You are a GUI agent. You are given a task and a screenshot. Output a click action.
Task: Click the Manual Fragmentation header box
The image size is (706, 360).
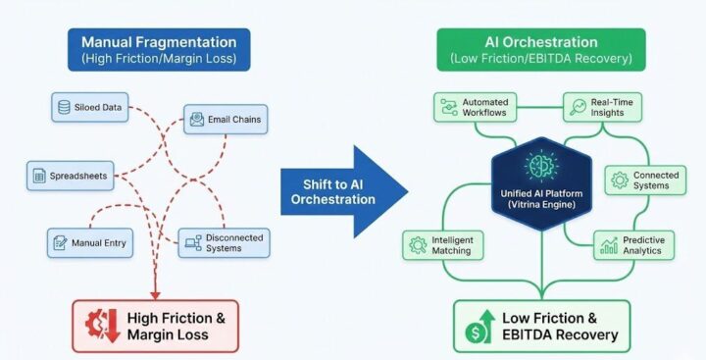[x=158, y=50]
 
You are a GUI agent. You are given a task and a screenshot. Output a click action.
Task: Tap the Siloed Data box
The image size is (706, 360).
[x=90, y=107]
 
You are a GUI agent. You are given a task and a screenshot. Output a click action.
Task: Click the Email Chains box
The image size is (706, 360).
[x=226, y=120]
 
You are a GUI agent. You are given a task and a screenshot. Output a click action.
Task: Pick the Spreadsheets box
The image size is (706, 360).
[x=65, y=177]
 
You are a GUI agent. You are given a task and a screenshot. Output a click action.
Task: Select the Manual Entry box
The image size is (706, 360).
[x=90, y=242]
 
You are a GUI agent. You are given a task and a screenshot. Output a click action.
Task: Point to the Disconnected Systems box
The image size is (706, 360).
[x=223, y=243]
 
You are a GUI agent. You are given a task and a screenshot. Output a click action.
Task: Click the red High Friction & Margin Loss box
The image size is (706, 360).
[x=154, y=327]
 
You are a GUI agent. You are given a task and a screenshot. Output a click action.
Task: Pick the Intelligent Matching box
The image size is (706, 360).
[x=442, y=244]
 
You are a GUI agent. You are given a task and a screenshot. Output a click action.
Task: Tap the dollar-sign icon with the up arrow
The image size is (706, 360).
[x=479, y=327]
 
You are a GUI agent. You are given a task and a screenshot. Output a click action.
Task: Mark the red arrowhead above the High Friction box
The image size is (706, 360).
[x=154, y=292]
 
